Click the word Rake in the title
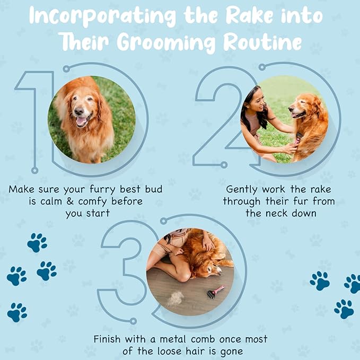(x=250, y=15)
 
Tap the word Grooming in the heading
(x=166, y=43)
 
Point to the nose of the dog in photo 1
(x=79, y=111)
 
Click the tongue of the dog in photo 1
(x=81, y=121)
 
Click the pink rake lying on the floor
(x=216, y=292)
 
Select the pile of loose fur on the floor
(x=175, y=298)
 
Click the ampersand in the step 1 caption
(x=71, y=201)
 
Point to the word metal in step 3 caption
(x=173, y=339)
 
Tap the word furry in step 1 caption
(x=102, y=190)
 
